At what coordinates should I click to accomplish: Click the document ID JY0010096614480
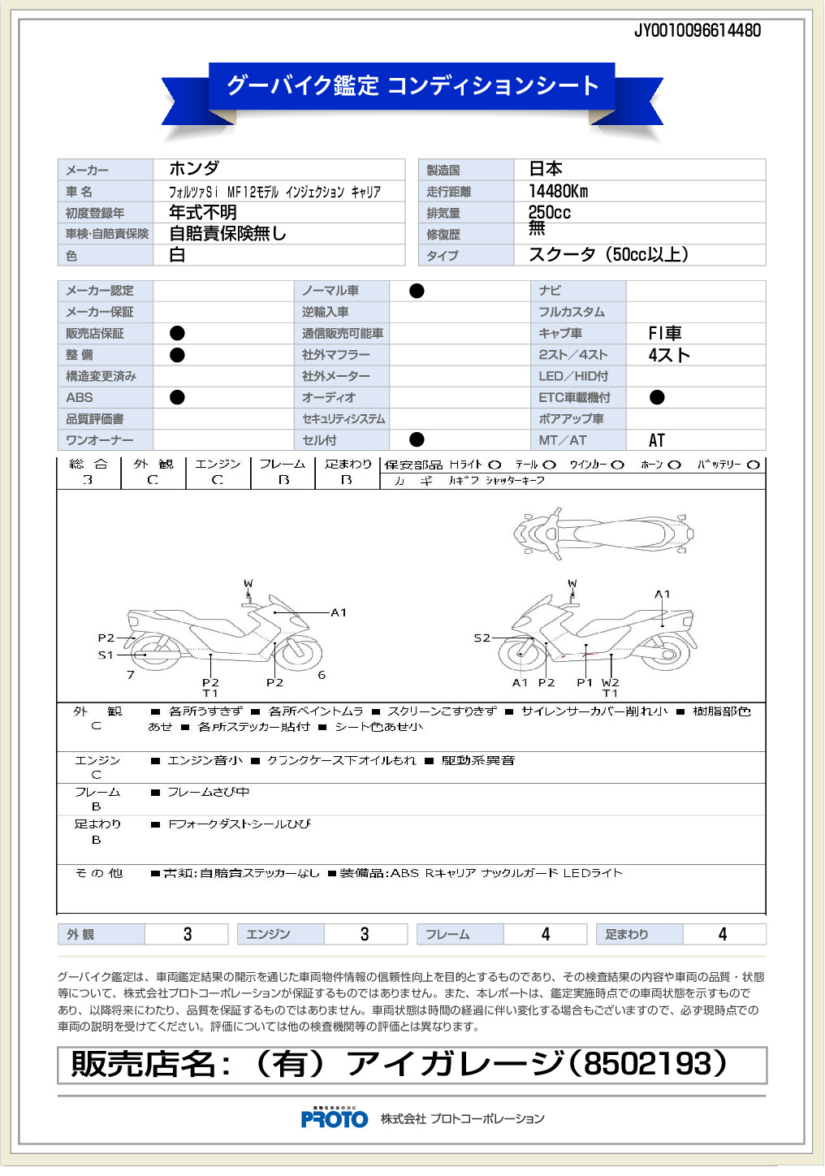point(698,31)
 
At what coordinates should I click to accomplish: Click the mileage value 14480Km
point(558,192)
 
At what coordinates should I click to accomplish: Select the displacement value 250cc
point(549,213)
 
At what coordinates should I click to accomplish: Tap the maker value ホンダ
point(194,169)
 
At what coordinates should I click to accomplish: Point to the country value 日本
point(546,169)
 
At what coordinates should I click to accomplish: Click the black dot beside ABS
point(177,397)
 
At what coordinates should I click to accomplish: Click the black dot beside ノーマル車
point(417,291)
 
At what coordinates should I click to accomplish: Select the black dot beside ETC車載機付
point(657,397)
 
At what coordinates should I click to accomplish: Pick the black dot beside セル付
point(417,439)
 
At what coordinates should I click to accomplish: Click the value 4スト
point(669,355)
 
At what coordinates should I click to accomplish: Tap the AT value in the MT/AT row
point(656,440)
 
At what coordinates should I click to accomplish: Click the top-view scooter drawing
point(603,534)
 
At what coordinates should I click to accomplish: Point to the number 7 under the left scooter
point(131,675)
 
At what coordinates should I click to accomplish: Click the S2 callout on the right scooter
point(482,638)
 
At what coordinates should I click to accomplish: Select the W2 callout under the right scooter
point(610,683)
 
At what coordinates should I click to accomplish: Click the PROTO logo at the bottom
point(335,1119)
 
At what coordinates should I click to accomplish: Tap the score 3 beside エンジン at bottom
point(365,935)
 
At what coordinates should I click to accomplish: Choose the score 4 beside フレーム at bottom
point(545,935)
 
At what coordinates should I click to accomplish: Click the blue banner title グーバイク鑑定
point(302,85)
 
